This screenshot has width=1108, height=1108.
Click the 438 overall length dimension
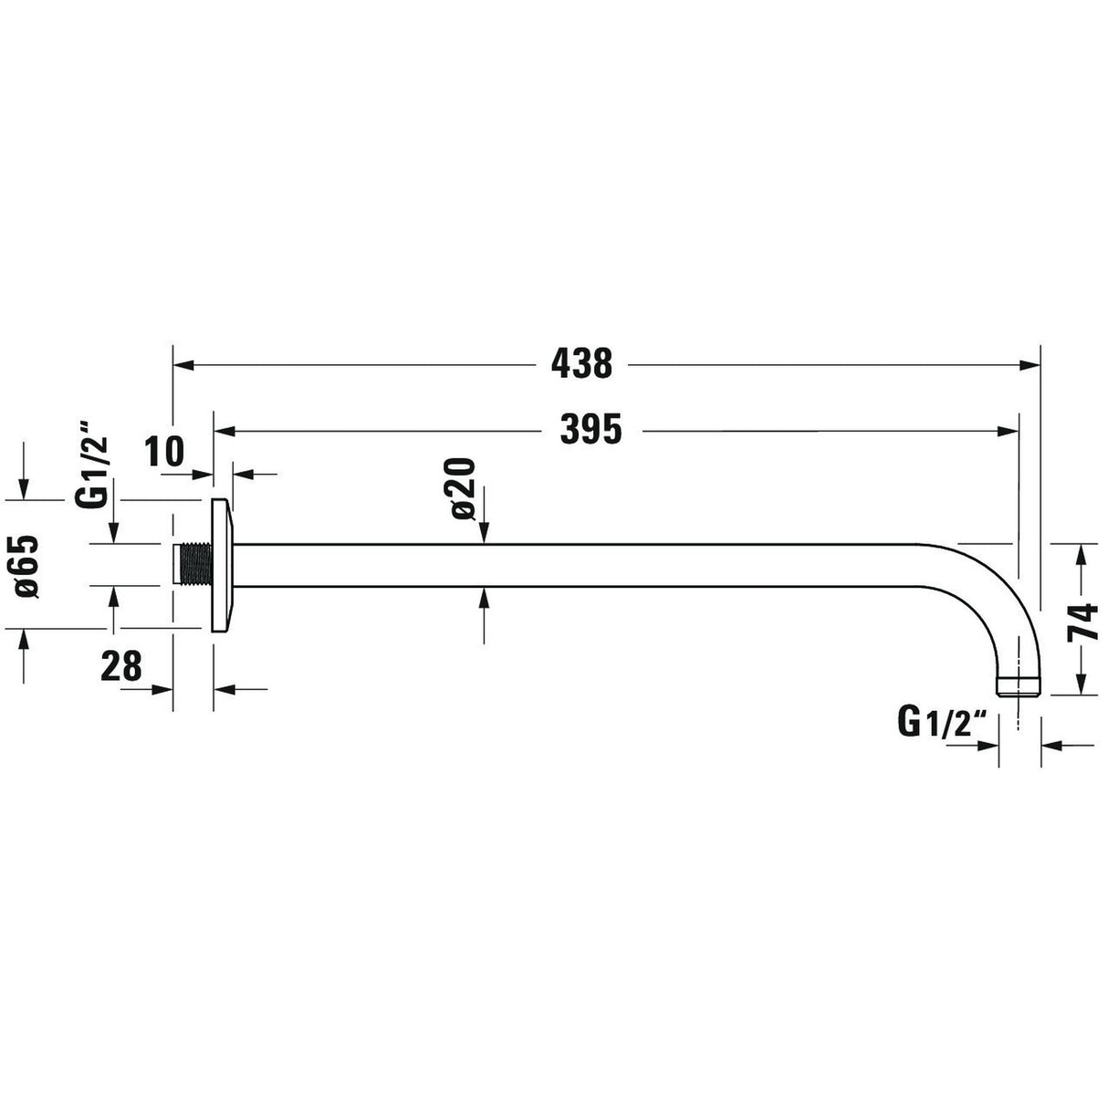(581, 364)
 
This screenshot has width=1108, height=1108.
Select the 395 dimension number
(591, 429)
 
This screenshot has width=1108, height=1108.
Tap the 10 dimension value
(165, 452)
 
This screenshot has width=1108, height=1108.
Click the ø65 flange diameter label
(26, 567)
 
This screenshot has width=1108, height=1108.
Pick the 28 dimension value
(121, 668)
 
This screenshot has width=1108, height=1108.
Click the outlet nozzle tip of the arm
(1018, 686)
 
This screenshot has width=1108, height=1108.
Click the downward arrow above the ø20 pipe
(484, 534)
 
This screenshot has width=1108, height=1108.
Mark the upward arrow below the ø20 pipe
(484, 598)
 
